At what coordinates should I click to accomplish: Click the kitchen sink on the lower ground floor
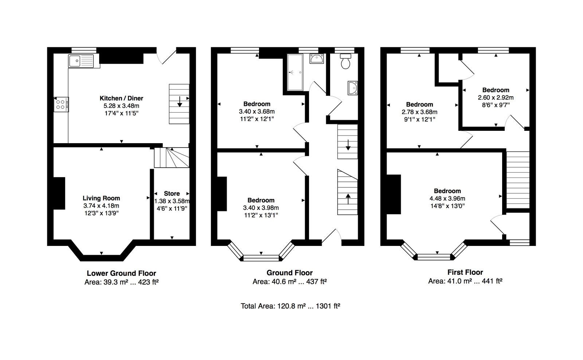[81, 61]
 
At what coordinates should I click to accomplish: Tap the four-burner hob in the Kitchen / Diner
[61, 104]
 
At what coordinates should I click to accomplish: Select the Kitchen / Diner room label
[121, 98]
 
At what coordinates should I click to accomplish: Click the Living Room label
[101, 198]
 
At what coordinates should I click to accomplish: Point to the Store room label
[172, 193]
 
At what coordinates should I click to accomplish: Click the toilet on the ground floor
[345, 61]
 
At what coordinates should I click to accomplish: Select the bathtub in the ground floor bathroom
[295, 73]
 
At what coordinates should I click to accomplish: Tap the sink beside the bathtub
[317, 59]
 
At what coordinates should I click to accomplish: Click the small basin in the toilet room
[353, 88]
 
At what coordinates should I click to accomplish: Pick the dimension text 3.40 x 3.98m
[261, 208]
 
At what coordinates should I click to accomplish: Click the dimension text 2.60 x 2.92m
[496, 98]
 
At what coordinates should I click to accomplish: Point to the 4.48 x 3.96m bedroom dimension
[447, 198]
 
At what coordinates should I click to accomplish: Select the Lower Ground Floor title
[121, 273]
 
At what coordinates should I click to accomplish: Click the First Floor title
[465, 272]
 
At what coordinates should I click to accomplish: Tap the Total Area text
[290, 306]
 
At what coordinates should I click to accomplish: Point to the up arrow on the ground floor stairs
[348, 199]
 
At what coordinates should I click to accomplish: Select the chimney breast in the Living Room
[59, 193]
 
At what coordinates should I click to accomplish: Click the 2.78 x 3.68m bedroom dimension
[419, 112]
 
